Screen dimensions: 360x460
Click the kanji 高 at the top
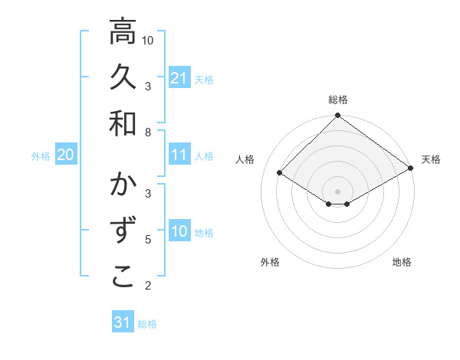(x=123, y=32)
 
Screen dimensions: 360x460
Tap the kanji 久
(x=123, y=77)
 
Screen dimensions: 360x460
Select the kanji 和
(x=123, y=123)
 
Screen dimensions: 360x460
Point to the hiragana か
(x=123, y=186)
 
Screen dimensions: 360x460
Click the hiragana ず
(x=123, y=231)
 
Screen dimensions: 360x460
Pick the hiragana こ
(x=123, y=277)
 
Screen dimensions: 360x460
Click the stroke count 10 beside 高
(x=149, y=40)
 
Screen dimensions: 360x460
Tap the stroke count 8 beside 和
(x=149, y=132)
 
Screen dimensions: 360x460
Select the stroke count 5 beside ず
(x=149, y=240)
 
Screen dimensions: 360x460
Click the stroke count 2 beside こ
(x=149, y=286)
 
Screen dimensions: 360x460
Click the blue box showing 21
(x=179, y=78)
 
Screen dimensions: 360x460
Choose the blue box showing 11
(x=179, y=155)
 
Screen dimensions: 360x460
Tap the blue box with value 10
(x=179, y=232)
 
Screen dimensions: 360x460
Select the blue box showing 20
(x=66, y=155)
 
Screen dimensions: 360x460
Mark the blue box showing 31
(x=123, y=322)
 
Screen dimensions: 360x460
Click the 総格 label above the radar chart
(x=338, y=100)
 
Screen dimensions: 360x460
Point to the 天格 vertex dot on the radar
(x=411, y=169)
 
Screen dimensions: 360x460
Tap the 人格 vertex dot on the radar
(x=280, y=173)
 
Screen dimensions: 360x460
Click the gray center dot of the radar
(x=338, y=191)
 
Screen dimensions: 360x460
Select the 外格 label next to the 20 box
(x=41, y=156)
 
